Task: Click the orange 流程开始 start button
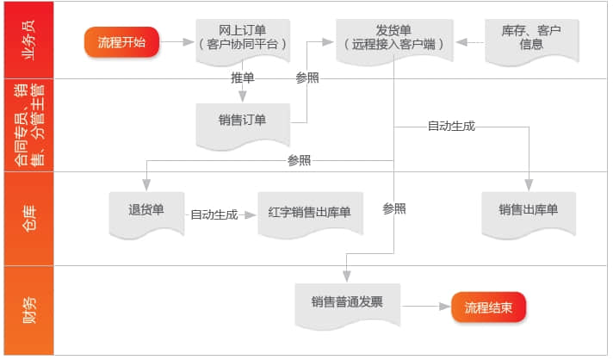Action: [121, 41]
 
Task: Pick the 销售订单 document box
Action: [242, 121]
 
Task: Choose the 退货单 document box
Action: [146, 210]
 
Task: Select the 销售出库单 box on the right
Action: [528, 210]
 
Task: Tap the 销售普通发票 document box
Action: [348, 302]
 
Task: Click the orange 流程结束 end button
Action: [488, 305]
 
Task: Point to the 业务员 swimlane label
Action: [28, 40]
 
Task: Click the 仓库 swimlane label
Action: [28, 217]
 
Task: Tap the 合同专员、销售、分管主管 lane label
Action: [28, 125]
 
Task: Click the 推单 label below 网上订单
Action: [243, 78]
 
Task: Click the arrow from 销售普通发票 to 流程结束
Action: [425, 305]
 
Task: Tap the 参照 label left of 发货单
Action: [307, 78]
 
